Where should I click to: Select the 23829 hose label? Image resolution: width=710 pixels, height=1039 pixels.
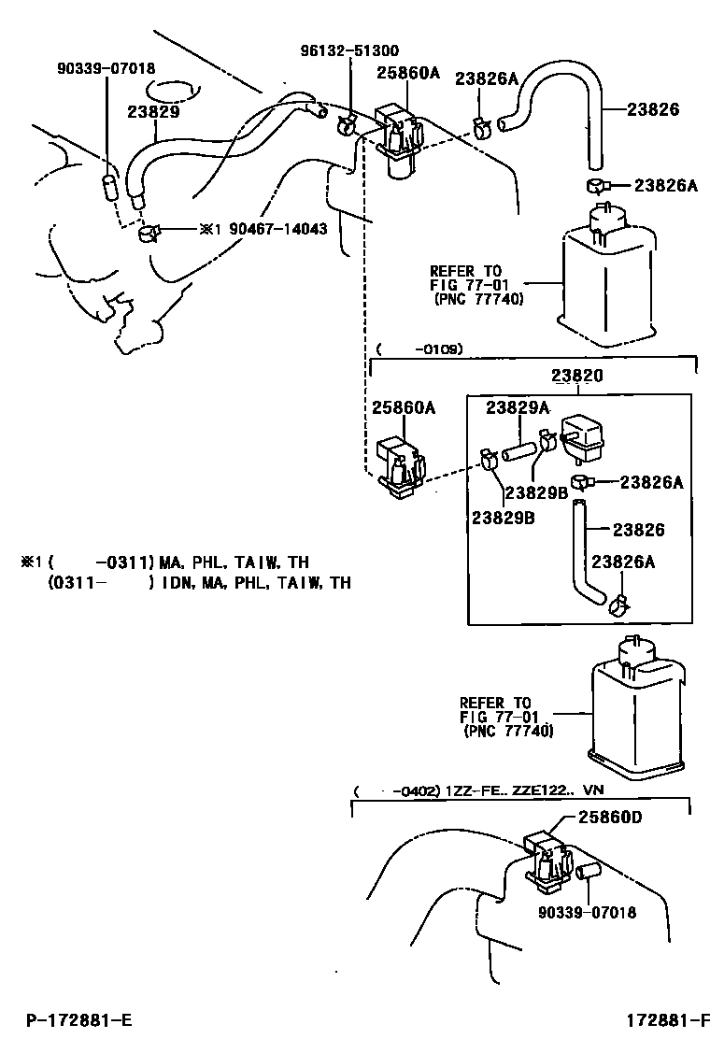153,111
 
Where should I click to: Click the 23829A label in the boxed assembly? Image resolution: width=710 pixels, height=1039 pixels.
517,407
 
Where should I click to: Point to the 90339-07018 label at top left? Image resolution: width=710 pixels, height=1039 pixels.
106,68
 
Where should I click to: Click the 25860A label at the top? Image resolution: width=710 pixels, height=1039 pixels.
407,72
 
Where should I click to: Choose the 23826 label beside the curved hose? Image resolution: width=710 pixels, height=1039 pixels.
652,109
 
